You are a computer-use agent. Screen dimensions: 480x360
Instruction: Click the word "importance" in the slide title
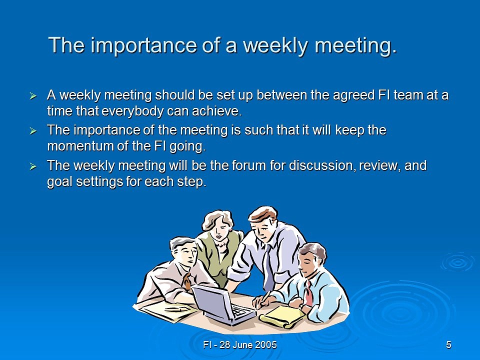143,45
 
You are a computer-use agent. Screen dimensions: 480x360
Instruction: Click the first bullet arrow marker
33,96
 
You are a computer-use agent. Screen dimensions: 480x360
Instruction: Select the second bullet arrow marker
33,131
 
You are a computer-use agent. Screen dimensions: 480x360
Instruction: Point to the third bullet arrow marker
33,166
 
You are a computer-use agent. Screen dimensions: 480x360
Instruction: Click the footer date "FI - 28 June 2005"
240,345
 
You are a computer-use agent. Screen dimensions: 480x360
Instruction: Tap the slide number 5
448,345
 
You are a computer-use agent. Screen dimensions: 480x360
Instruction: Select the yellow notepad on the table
281,316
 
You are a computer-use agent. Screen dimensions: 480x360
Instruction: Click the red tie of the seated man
308,293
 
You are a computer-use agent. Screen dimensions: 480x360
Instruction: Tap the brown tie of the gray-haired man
186,280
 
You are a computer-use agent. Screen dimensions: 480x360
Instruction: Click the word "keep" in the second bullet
349,130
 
